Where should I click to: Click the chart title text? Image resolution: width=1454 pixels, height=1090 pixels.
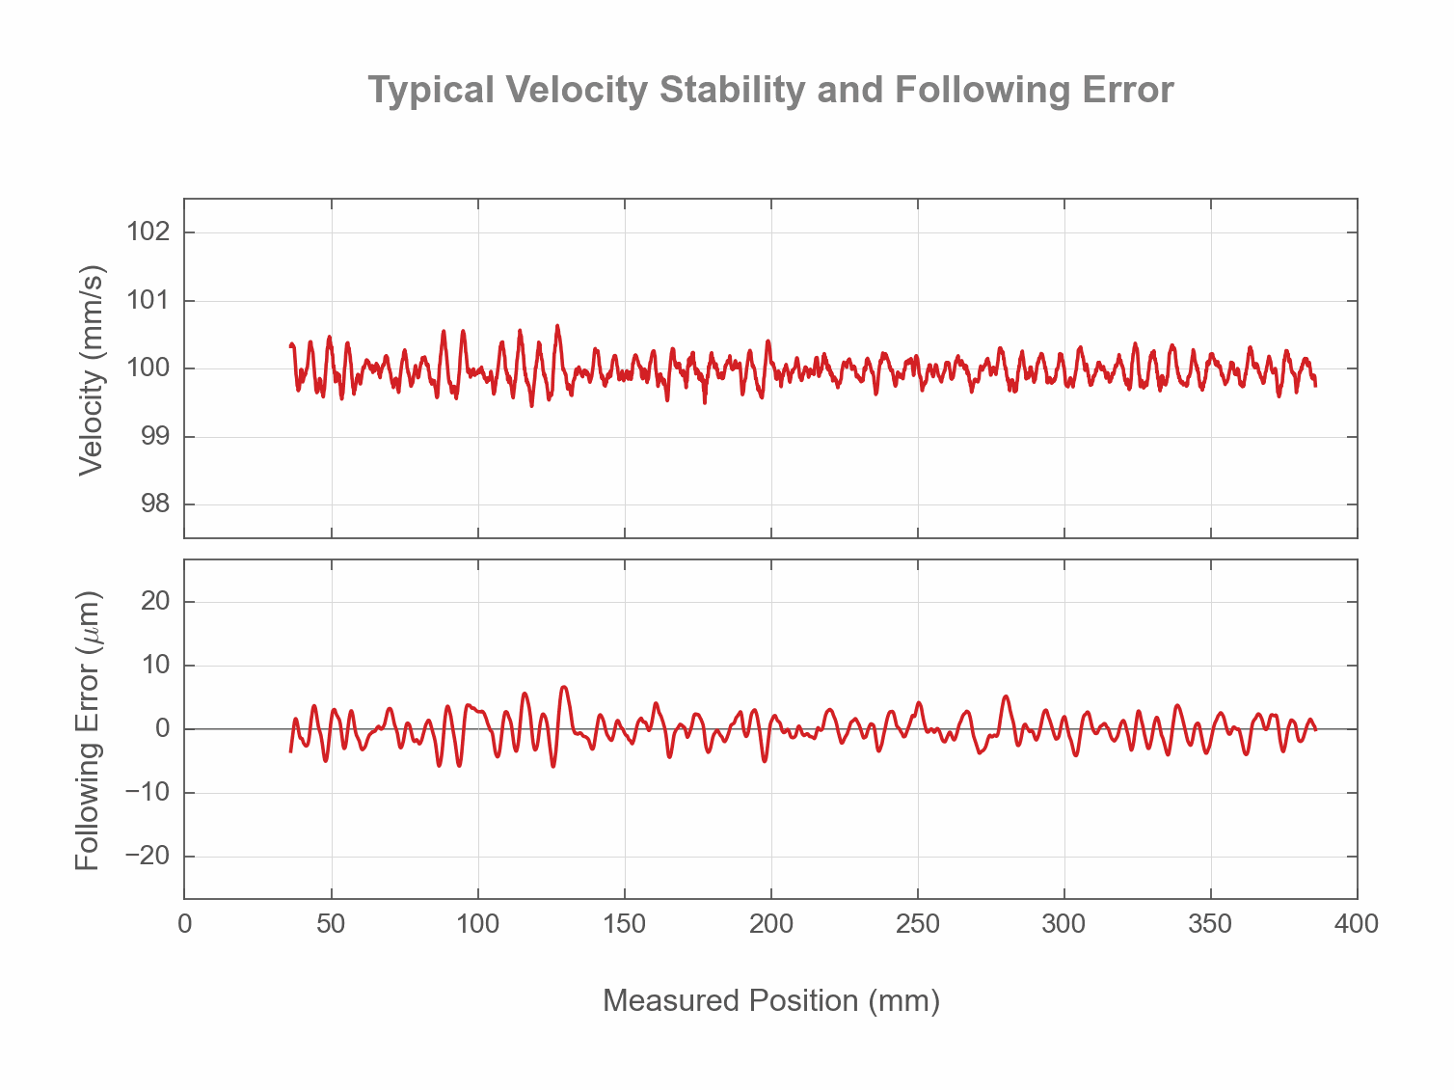[x=770, y=90]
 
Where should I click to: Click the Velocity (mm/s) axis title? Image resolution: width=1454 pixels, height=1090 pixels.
[x=91, y=368]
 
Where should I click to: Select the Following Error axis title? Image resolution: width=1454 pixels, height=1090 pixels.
[x=89, y=730]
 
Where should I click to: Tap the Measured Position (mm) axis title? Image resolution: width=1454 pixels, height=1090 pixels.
[x=770, y=1000]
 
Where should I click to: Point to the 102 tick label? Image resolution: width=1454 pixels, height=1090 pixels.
[x=148, y=232]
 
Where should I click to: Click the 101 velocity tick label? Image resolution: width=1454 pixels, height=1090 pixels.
[x=148, y=301]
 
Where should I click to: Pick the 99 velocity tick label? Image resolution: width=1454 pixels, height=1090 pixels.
[x=154, y=437]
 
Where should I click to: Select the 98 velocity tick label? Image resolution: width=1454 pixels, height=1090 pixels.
[x=154, y=504]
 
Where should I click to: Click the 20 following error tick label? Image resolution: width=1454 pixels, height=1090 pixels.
[x=154, y=602]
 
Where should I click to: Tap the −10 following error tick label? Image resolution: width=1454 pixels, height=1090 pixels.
[x=148, y=793]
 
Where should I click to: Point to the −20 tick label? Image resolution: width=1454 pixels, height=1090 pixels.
[x=148, y=857]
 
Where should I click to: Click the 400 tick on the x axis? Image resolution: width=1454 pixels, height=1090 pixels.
[x=1357, y=924]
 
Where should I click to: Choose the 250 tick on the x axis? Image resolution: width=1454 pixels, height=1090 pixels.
[x=917, y=924]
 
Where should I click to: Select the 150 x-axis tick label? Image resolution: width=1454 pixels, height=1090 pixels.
[x=624, y=924]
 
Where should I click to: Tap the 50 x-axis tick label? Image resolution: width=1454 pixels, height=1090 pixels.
[x=331, y=924]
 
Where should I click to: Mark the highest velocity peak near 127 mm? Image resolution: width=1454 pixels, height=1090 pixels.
[x=557, y=326]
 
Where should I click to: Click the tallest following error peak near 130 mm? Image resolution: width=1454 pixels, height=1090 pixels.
[x=564, y=687]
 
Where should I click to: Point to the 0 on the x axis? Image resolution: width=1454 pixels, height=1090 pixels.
[x=184, y=924]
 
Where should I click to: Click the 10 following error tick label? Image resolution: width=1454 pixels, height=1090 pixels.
[x=154, y=666]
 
